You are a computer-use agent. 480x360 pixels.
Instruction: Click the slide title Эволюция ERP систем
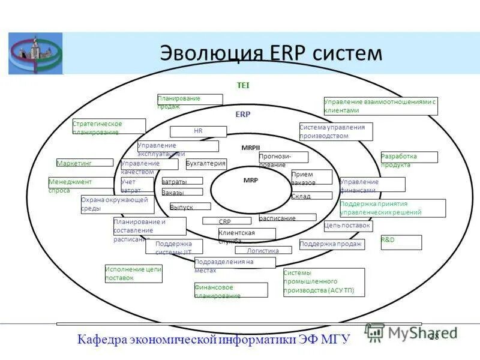[271, 52]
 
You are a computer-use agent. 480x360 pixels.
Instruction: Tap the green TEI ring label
[243, 86]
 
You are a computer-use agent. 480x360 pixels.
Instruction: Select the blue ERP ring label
[243, 114]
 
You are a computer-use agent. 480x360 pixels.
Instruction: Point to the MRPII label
[250, 147]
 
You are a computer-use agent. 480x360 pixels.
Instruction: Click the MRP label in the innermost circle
[250, 180]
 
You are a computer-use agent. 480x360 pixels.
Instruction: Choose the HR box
[198, 131]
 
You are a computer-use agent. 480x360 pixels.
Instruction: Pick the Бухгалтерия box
[206, 164]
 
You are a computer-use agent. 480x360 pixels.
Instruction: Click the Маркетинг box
[85, 163]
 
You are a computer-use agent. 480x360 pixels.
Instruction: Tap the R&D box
[401, 242]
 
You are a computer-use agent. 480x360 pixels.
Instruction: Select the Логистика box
[263, 251]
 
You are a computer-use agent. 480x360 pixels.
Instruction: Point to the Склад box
[311, 196]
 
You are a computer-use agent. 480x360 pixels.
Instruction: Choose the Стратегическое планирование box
[109, 127]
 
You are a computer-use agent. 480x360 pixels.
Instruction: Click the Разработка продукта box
[409, 158]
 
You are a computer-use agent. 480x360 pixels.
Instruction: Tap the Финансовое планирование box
[230, 290]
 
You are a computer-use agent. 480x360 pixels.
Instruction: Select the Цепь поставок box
[348, 226]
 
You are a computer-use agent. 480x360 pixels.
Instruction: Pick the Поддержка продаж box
[331, 244]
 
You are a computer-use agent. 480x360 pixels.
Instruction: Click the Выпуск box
[190, 206]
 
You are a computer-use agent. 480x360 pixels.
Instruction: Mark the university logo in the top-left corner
[35, 53]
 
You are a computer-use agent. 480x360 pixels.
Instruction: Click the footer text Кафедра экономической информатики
[213, 340]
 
